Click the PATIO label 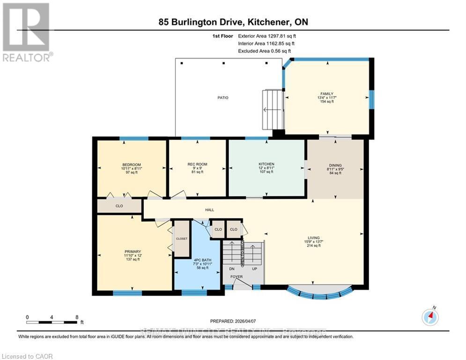[x=222, y=97]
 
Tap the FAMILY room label [x=326, y=94]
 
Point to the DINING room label [x=334, y=165]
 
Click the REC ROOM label [x=197, y=164]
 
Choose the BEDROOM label [x=132, y=165]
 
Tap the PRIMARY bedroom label [x=133, y=252]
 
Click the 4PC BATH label [x=197, y=260]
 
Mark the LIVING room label [x=313, y=238]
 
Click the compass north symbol [x=429, y=317]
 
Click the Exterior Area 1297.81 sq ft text [x=267, y=36]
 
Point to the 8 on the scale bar [x=77, y=317]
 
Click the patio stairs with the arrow [x=274, y=110]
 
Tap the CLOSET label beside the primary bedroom [x=182, y=239]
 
